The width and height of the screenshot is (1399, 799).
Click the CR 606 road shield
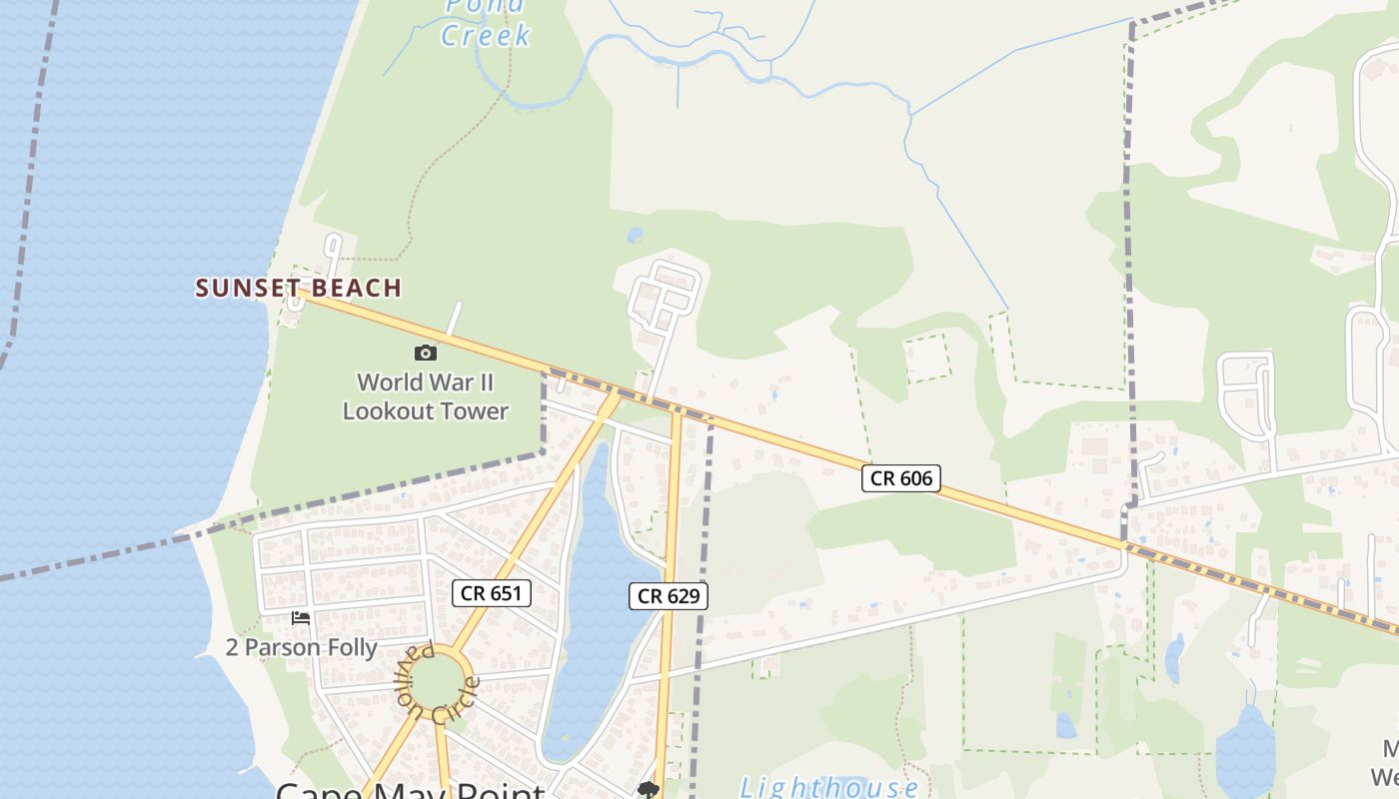click(901, 478)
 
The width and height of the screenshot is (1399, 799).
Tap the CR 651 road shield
click(490, 592)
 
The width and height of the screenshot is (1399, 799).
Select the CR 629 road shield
click(669, 596)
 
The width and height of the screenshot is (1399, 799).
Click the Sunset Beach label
click(298, 288)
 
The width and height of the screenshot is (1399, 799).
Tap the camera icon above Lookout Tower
click(426, 353)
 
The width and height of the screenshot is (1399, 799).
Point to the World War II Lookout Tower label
click(426, 397)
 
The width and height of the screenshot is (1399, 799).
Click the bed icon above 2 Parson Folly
click(300, 618)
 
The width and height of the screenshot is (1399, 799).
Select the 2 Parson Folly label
click(301, 647)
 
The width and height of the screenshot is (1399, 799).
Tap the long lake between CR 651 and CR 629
click(596, 599)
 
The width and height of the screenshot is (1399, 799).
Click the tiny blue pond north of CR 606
click(635, 236)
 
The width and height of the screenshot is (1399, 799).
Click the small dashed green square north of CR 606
click(926, 358)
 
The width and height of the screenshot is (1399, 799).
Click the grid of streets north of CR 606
click(665, 295)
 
